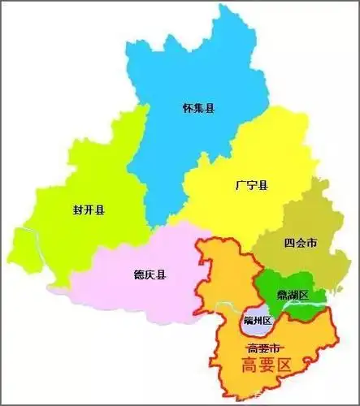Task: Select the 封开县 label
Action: [89, 211]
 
